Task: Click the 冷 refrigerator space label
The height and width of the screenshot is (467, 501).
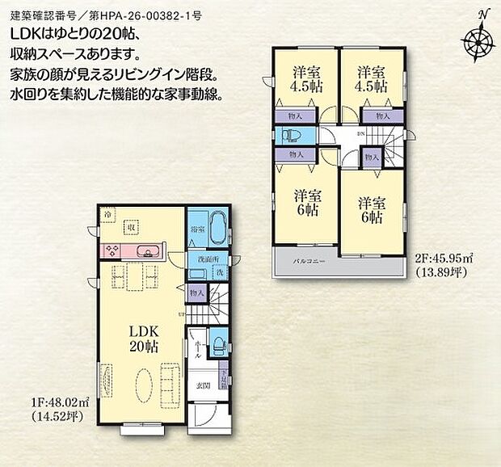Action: pos(107,214)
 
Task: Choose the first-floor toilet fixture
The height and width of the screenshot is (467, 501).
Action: pos(217,343)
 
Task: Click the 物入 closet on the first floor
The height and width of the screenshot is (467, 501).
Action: pos(196,292)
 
